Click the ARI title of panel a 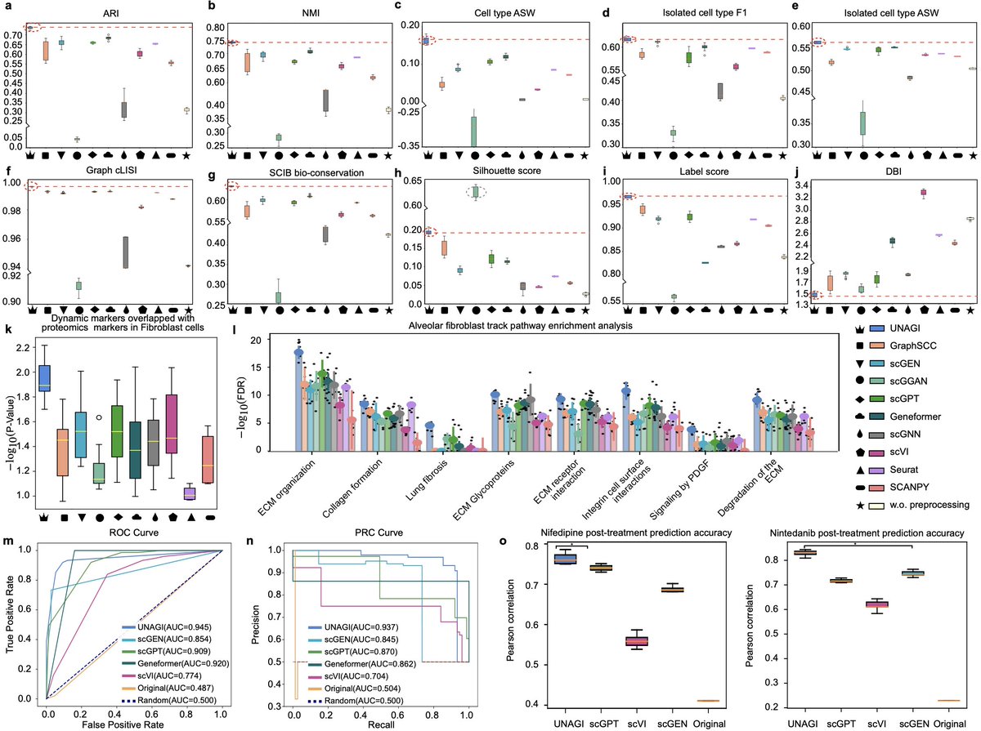pyautogui.click(x=106, y=14)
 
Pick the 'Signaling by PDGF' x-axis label pyautogui.click(x=683, y=482)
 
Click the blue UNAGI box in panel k pyautogui.click(x=46, y=378)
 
